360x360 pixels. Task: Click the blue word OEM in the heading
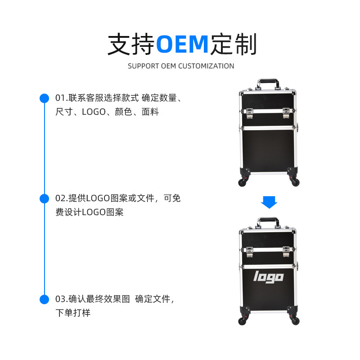182,44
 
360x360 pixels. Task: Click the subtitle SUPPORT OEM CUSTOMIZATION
181,66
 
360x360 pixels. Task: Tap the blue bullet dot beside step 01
44,98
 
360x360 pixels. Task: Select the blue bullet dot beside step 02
44,198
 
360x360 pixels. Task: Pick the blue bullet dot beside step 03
44,299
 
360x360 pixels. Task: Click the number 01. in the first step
62,98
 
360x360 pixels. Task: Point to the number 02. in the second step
62,198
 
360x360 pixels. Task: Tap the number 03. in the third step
62,299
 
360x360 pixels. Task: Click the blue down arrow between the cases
269,202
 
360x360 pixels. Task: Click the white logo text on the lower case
269,276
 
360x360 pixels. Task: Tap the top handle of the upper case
268,84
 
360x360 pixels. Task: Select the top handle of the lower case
268,222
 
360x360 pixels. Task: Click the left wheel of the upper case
242,182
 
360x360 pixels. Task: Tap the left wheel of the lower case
242,320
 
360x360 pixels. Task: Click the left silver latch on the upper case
249,112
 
